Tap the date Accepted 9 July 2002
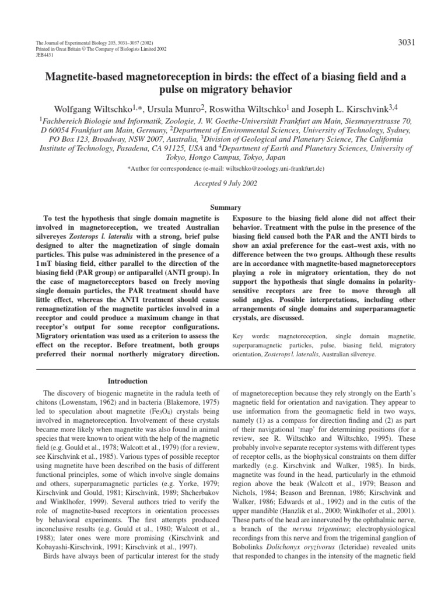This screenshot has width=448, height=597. tap(224, 182)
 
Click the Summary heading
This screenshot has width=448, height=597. tap(224, 208)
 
